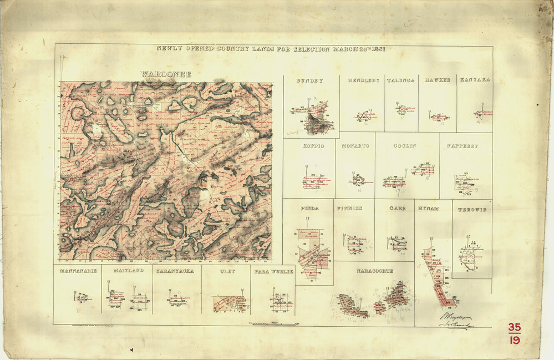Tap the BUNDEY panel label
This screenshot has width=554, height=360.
pos(309,80)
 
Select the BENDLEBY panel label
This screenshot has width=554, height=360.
pos(364,80)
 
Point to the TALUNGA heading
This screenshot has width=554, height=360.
pos(400,80)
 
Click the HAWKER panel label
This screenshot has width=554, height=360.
pos(437,80)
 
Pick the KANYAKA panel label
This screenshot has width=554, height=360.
pos(475,80)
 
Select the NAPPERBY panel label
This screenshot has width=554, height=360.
pos(463,146)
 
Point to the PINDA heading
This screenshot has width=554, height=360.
pos(309,209)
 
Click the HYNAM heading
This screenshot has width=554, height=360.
pos(429,209)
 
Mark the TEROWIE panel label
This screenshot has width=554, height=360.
pos(471,210)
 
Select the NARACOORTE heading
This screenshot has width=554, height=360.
pos(374,271)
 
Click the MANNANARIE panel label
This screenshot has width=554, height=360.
pos(78,271)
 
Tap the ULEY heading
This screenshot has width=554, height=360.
pos(227,271)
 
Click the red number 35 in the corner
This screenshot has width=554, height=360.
pos(514,328)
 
